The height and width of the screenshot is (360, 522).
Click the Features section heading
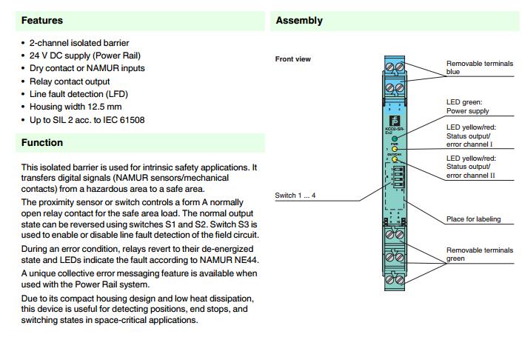(42, 21)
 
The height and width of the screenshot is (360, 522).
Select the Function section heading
(42, 142)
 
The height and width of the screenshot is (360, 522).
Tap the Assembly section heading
(299, 21)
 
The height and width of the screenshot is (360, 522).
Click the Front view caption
(293, 59)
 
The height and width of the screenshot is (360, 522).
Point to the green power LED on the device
(395, 139)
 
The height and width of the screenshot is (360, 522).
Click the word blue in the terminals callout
(453, 72)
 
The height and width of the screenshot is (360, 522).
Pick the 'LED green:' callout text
(464, 102)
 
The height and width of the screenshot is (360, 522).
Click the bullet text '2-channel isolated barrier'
(79, 44)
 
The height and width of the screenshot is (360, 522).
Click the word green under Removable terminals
(455, 259)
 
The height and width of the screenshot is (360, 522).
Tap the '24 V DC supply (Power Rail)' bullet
(85, 55)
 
